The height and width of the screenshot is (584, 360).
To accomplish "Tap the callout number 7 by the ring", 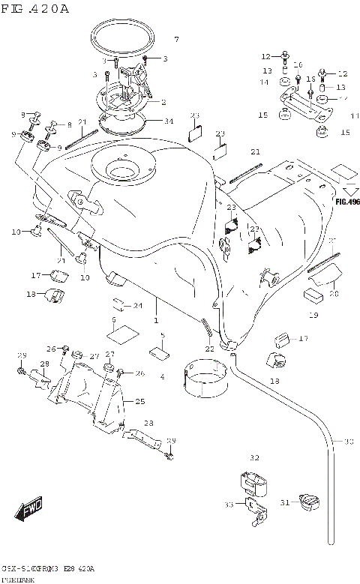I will (176, 39).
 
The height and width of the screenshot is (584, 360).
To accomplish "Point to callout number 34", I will (168, 121).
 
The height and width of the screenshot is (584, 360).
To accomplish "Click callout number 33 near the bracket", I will (229, 505).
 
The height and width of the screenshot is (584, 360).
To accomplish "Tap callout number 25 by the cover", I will (139, 402).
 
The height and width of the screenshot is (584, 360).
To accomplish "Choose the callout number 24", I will (137, 306).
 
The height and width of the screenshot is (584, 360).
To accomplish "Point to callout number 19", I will (313, 315).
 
